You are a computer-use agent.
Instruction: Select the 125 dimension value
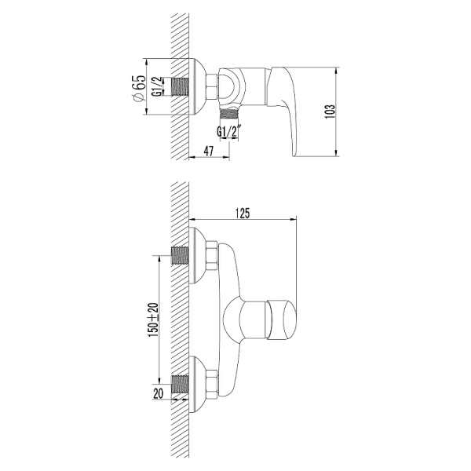click(243, 211)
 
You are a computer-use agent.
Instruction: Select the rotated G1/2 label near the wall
click(157, 86)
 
